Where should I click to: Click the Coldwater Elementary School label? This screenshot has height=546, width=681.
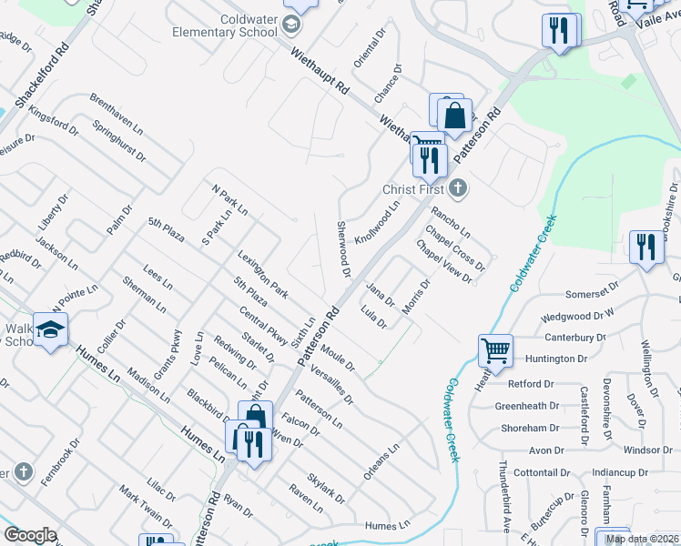click(225, 25)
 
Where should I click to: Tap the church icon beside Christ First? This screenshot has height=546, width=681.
click(458, 189)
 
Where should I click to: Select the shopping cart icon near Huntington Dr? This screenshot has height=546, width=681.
click(495, 350)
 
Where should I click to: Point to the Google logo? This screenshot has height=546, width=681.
click(30, 535)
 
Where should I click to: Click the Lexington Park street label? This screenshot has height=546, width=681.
click(263, 275)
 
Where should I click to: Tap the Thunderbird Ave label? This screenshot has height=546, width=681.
click(503, 491)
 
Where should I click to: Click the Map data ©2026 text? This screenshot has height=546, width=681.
click(642, 539)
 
